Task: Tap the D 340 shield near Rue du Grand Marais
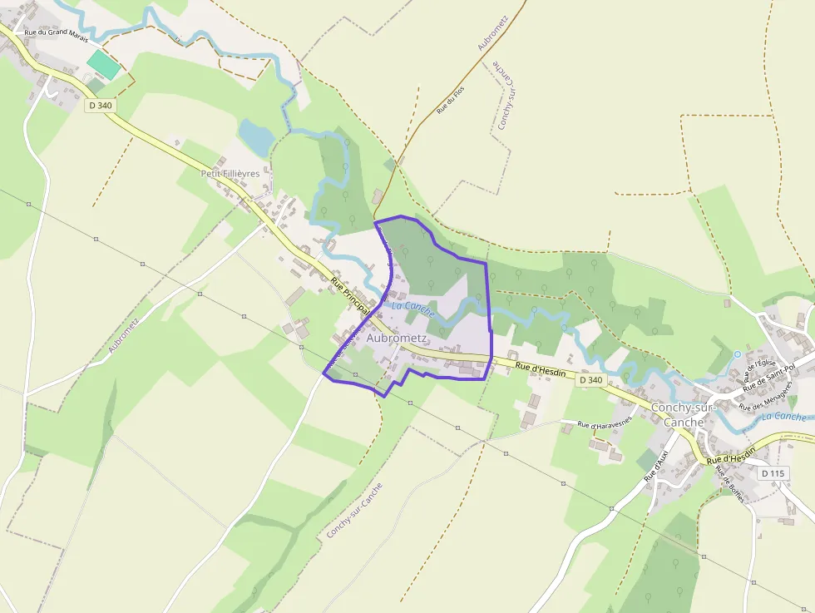99,106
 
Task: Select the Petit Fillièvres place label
230,173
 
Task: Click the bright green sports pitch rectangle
104,65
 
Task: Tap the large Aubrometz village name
397,339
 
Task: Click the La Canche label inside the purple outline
413,308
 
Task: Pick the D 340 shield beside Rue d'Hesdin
590,379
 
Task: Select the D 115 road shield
772,472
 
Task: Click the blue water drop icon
737,354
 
